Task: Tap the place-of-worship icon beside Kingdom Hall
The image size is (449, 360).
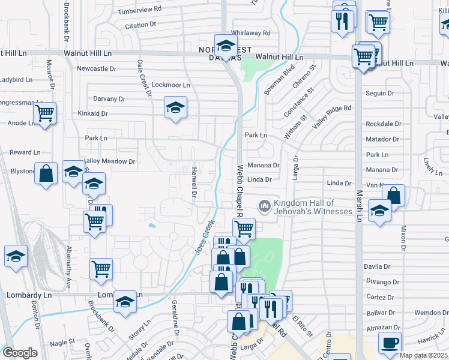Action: click(264, 206)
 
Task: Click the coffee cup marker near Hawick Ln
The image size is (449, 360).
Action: click(390, 343)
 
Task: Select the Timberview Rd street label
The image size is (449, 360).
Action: click(140, 10)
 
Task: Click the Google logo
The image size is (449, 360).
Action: click(20, 353)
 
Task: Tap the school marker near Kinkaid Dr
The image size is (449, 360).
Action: click(175, 108)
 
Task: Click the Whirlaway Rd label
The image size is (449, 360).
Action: click(250, 33)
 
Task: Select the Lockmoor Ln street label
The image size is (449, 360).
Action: click(170, 85)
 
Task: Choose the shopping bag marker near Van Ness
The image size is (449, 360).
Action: click(394, 195)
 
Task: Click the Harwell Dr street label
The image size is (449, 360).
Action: click(194, 182)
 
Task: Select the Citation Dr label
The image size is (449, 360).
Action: click(140, 26)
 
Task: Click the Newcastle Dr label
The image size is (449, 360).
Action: click(97, 68)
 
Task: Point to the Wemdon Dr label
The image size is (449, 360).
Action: click(427, 313)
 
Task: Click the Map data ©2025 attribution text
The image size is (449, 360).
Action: click(424, 355)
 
